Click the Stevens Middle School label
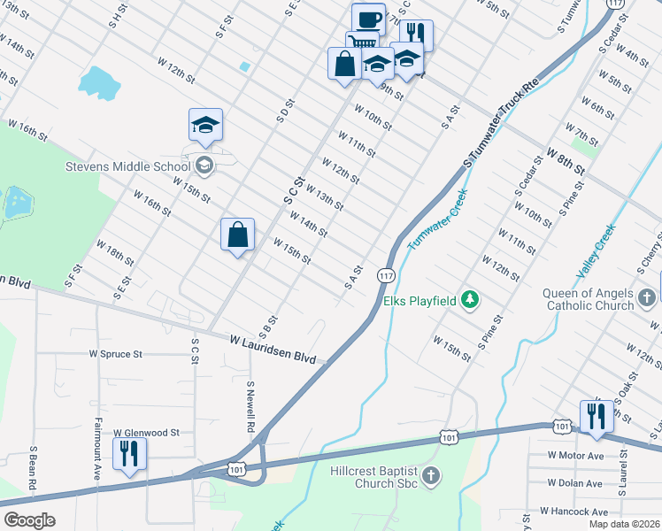click(x=127, y=165)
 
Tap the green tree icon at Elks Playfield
click(x=470, y=301)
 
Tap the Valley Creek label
click(x=597, y=247)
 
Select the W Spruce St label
click(x=115, y=354)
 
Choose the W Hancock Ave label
click(x=577, y=512)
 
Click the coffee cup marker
click(x=368, y=19)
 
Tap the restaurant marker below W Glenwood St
click(x=130, y=454)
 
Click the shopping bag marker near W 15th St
click(x=237, y=235)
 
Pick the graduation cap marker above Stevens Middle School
click(x=205, y=126)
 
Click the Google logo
click(x=29, y=520)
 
